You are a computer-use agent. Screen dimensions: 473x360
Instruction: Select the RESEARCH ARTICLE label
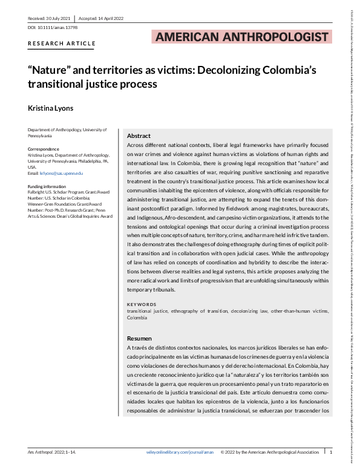point(62,44)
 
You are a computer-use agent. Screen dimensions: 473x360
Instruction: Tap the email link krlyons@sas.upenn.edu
point(64,174)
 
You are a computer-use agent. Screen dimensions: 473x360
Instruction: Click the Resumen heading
point(140,338)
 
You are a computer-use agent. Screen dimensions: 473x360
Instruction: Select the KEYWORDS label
point(142,304)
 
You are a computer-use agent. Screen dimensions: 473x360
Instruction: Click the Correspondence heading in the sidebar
point(44,149)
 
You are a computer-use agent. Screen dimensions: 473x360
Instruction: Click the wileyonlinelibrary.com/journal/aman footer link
point(180,452)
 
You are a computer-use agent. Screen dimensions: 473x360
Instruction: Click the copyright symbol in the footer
point(223,452)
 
